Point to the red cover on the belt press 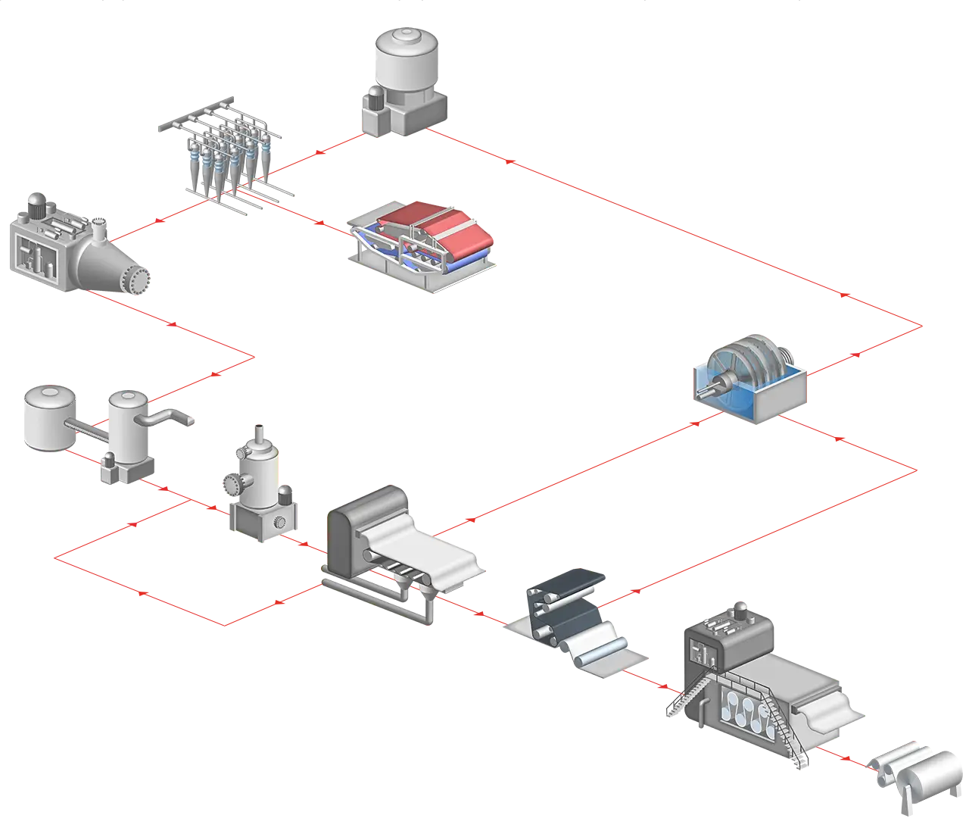click(x=424, y=223)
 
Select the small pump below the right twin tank click(x=112, y=467)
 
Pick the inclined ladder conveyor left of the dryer click(x=688, y=697)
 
